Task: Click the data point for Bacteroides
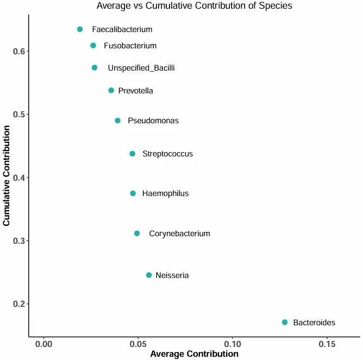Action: click(x=285, y=323)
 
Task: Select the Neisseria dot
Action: click(x=149, y=275)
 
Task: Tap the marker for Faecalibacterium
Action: click(x=80, y=29)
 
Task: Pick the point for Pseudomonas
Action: click(x=117, y=121)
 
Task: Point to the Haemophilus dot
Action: click(x=133, y=193)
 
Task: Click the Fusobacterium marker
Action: click(x=93, y=46)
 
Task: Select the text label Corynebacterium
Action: click(x=179, y=233)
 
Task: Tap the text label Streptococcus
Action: click(x=167, y=154)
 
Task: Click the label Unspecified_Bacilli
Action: click(x=141, y=68)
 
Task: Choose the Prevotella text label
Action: click(x=135, y=91)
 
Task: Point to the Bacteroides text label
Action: click(x=314, y=323)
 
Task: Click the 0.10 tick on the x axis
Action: click(x=233, y=344)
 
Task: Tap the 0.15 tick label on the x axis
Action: click(x=327, y=344)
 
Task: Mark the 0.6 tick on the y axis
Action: click(x=20, y=52)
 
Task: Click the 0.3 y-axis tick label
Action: click(x=20, y=241)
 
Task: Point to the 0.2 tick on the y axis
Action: click(x=20, y=304)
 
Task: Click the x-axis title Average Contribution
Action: click(x=194, y=354)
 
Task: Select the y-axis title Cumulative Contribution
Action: click(x=7, y=176)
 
